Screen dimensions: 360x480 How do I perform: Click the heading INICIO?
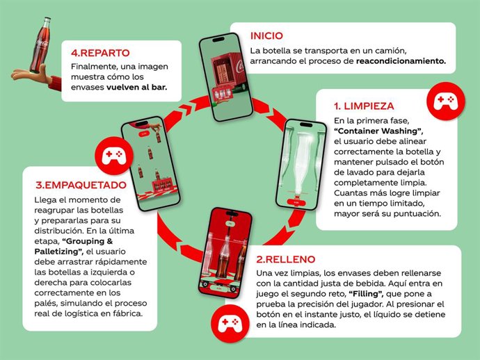pyautogui.click(x=267, y=35)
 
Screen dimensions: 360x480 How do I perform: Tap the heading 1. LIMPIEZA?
pyautogui.click(x=364, y=106)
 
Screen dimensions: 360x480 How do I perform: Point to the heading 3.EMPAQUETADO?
pyautogui.click(x=81, y=185)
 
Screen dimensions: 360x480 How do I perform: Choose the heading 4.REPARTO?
pyautogui.click(x=100, y=52)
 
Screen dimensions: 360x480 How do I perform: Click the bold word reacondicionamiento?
pyautogui.click(x=401, y=60)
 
